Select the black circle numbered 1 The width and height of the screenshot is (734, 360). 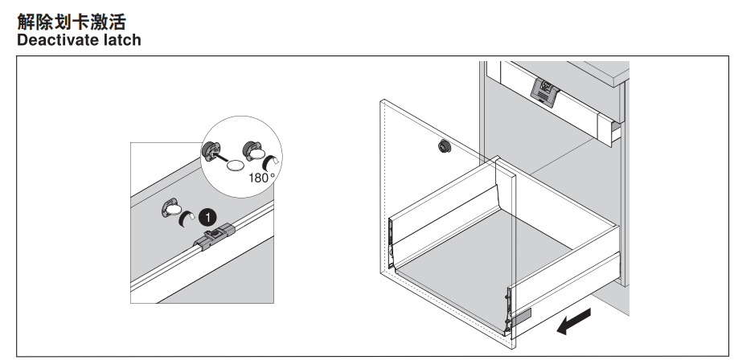point(207,215)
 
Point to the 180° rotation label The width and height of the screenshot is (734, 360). point(262,178)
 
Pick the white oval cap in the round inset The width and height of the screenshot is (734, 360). point(236,166)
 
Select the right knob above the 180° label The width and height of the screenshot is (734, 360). point(253,149)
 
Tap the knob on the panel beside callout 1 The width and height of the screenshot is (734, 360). point(171,210)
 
